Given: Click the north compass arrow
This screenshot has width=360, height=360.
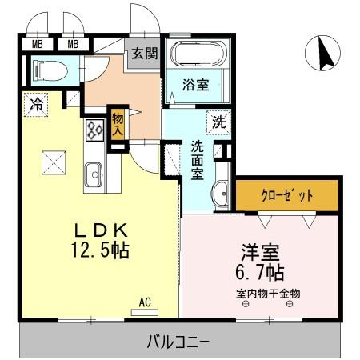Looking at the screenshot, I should click(325, 54).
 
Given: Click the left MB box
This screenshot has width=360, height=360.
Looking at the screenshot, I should click(37, 43).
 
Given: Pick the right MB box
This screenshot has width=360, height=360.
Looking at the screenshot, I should click(73, 43).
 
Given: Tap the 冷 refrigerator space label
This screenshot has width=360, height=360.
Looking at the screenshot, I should click(36, 103).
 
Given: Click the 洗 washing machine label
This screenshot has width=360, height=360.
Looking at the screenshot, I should click(218, 122).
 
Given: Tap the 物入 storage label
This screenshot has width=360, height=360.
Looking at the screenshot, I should click(118, 124).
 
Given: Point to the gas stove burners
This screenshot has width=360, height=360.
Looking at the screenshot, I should click(94, 129).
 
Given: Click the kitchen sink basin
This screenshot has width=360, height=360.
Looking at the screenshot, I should click(94, 173).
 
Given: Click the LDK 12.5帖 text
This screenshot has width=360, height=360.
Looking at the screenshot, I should click(99, 239).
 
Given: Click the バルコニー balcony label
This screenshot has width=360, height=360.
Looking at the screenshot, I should click(178, 342).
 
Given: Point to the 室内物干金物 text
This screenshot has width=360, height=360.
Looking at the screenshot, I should click(268, 292).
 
